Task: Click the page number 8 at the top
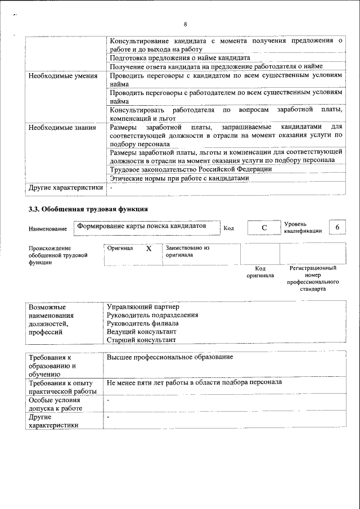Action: (184, 24)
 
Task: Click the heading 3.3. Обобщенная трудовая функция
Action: (88, 209)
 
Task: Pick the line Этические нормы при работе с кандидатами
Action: (179, 178)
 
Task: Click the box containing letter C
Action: (263, 227)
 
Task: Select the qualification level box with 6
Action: (337, 227)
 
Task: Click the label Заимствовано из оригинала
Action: (187, 251)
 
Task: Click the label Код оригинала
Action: (260, 272)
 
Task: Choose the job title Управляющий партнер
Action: (143, 307)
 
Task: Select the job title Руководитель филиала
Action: (142, 323)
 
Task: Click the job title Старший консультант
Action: (141, 340)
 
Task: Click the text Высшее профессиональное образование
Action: (170, 357)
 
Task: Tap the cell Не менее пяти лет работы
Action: (194, 382)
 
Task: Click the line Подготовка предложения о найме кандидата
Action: (180, 58)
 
